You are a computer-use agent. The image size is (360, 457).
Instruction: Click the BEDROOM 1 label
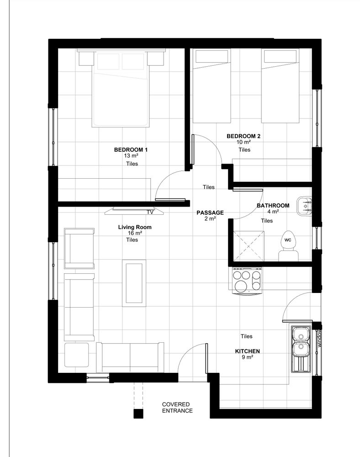pyautogui.click(x=131, y=150)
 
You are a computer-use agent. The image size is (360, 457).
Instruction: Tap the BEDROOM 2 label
pyautogui.click(x=244, y=136)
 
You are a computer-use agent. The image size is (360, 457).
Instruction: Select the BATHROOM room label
pyautogui.click(x=273, y=206)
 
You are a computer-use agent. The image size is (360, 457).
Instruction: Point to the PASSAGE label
pyautogui.click(x=210, y=213)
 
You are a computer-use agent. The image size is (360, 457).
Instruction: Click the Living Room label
pyautogui.click(x=135, y=227)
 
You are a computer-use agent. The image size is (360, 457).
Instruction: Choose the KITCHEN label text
pyautogui.click(x=247, y=351)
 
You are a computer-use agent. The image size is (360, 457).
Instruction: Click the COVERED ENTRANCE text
pyautogui.click(x=177, y=408)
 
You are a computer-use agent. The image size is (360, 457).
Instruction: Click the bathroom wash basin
pyautogui.click(x=304, y=207)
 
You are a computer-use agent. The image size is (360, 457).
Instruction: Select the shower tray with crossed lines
pyautogui.click(x=249, y=246)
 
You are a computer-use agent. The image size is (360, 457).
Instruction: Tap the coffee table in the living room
pyautogui.click(x=134, y=283)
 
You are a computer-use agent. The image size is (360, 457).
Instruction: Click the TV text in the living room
pyautogui.click(x=150, y=212)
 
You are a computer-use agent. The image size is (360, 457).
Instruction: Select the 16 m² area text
pyautogui.click(x=135, y=233)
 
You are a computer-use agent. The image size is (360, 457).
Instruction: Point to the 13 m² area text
pyautogui.click(x=131, y=156)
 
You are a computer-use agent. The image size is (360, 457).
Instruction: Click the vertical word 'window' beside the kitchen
pyautogui.click(x=319, y=338)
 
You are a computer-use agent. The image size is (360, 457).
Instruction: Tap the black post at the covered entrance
pyautogui.click(x=138, y=414)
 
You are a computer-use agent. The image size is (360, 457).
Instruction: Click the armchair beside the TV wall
pyautogui.click(x=79, y=249)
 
